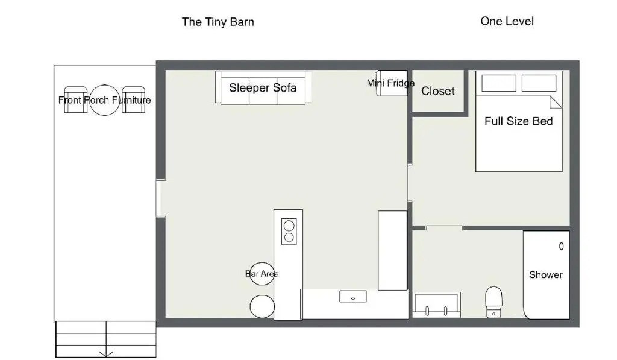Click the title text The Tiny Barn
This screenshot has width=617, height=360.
[x=218, y=22]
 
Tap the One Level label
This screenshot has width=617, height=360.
[x=507, y=21]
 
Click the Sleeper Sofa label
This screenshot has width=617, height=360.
[x=263, y=87]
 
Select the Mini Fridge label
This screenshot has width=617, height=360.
[x=390, y=83]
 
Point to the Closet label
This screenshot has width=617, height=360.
[x=437, y=91]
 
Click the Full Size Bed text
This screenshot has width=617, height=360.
[x=518, y=121]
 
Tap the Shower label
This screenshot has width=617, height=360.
[x=545, y=274]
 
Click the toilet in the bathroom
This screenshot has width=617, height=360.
[x=493, y=302]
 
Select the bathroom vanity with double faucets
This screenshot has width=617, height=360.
[x=436, y=305]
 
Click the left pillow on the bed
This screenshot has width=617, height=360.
[x=499, y=83]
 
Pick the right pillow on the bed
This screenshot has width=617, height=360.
[x=539, y=83]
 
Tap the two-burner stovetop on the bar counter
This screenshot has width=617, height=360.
[x=289, y=231]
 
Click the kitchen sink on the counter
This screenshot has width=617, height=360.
[x=353, y=297]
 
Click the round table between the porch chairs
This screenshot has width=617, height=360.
[x=104, y=100]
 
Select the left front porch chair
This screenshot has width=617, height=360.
[x=75, y=99]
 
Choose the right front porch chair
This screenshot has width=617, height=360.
[x=133, y=99]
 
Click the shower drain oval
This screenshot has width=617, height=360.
[x=561, y=246]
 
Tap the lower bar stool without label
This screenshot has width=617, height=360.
[x=262, y=306]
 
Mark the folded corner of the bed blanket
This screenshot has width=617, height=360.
[x=556, y=103]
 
